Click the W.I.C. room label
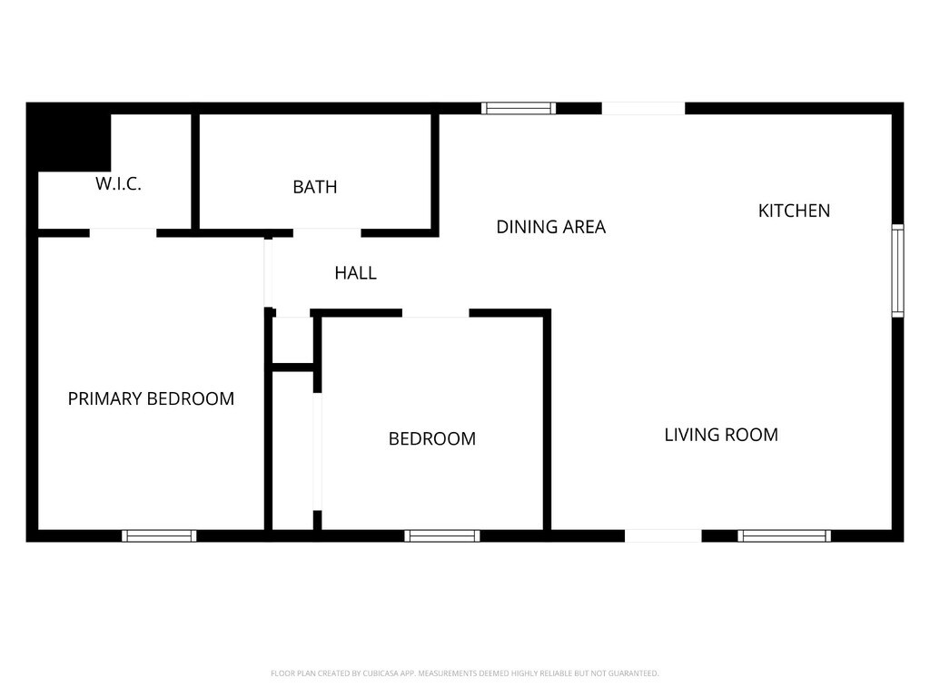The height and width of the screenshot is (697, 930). tap(119, 183)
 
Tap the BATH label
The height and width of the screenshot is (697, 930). tap(315, 187)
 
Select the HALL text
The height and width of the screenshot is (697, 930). tap(356, 273)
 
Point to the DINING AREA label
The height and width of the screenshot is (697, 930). tap(551, 227)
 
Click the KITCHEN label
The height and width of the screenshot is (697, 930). tap(794, 211)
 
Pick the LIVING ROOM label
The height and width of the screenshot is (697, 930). tap(721, 435)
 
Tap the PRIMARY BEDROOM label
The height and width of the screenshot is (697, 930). tap(152, 399)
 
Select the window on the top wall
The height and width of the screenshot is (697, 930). tap(519, 108)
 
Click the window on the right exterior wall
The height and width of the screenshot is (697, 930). tap(898, 270)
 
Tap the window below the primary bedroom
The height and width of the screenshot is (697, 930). tap(159, 535)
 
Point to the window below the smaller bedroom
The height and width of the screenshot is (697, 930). tap(442, 535)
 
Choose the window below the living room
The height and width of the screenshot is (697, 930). tap(784, 535)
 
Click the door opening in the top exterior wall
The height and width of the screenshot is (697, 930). tap(644, 109)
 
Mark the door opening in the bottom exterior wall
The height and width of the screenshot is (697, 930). tap(663, 535)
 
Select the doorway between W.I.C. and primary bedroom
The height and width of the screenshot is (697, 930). tap(123, 233)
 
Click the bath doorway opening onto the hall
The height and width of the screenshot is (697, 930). tap(327, 233)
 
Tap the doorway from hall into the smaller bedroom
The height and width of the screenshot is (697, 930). tap(436, 313)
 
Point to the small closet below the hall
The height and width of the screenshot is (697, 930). tap(292, 341)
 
